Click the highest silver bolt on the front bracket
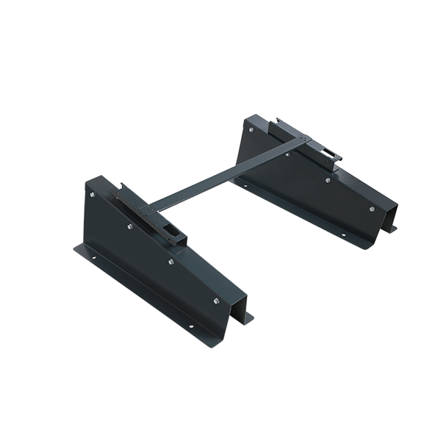tap(92, 195)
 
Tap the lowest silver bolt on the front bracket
tap(217, 301)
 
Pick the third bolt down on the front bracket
tap(171, 262)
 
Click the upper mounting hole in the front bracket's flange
tap(93, 257)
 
